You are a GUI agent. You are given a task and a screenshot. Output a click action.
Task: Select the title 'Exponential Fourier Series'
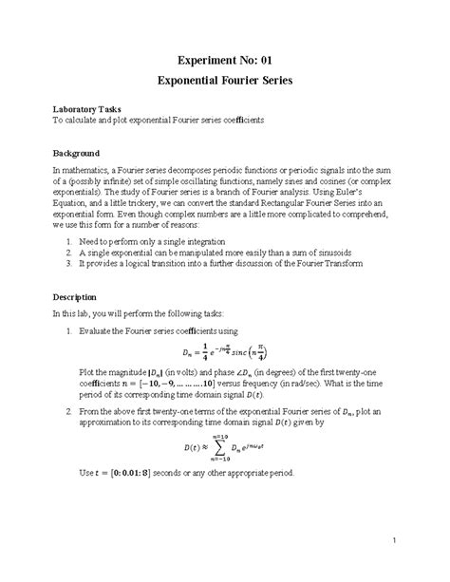225,83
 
